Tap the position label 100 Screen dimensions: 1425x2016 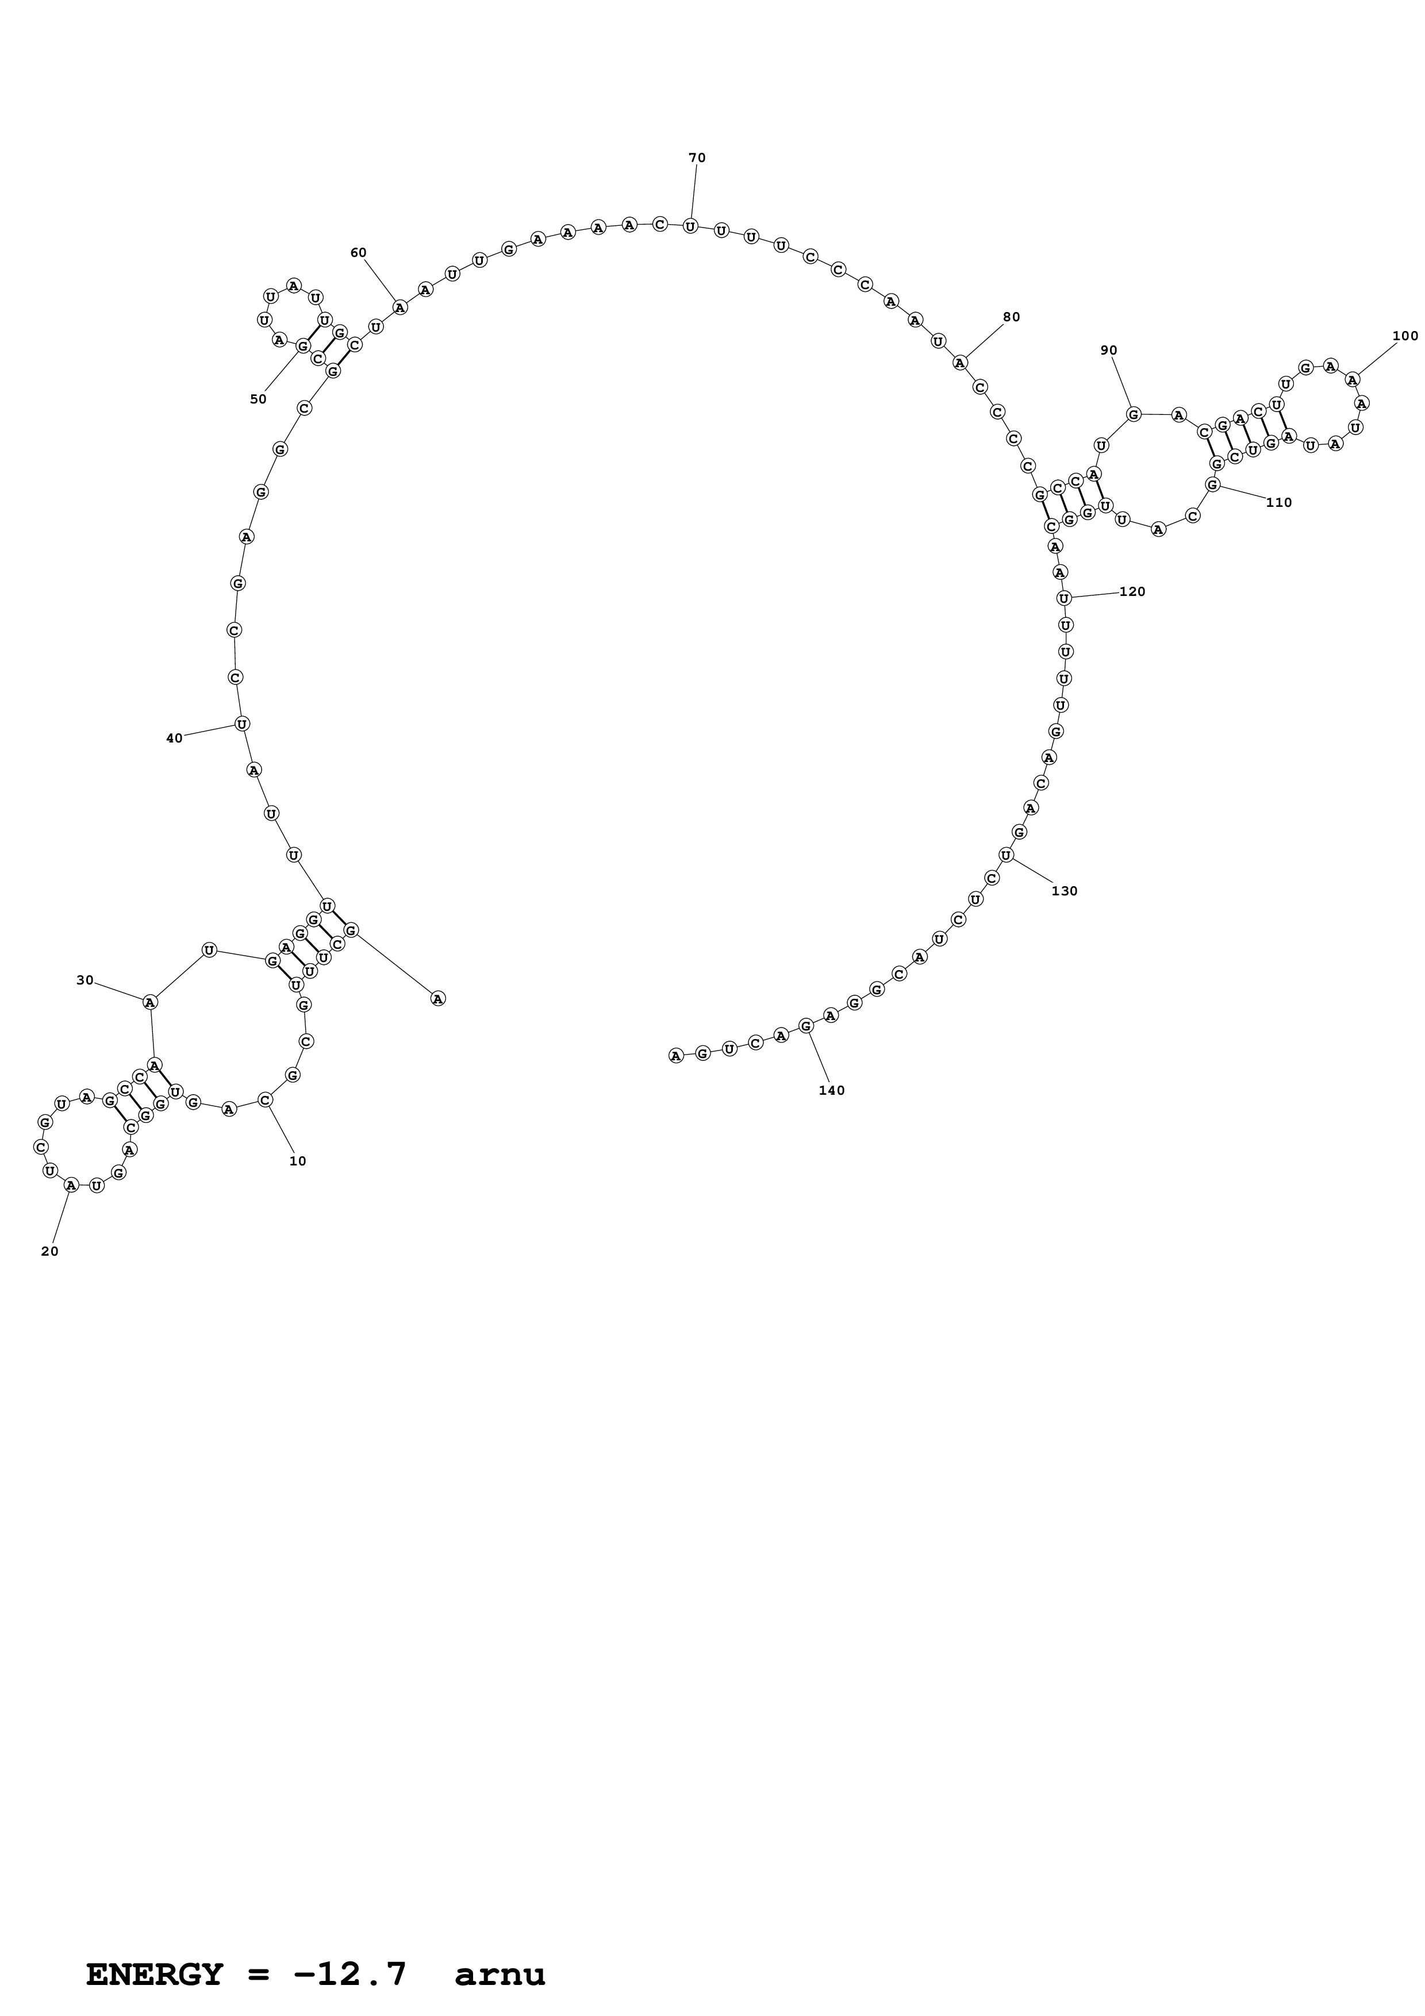(x=1405, y=336)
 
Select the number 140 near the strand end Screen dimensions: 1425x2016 (x=831, y=1091)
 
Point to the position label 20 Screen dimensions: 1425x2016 (x=50, y=1251)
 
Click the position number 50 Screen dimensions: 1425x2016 (x=258, y=399)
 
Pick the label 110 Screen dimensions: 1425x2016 (x=1278, y=502)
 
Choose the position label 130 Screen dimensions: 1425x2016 (x=1064, y=891)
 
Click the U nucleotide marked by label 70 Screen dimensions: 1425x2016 (x=690, y=226)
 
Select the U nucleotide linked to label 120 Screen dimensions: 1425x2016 (x=1063, y=598)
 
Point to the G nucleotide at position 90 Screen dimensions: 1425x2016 (x=1134, y=414)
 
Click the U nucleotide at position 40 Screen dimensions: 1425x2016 (x=241, y=724)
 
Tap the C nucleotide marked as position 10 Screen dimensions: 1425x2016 (x=265, y=1099)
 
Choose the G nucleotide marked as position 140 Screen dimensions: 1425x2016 (x=806, y=1025)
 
